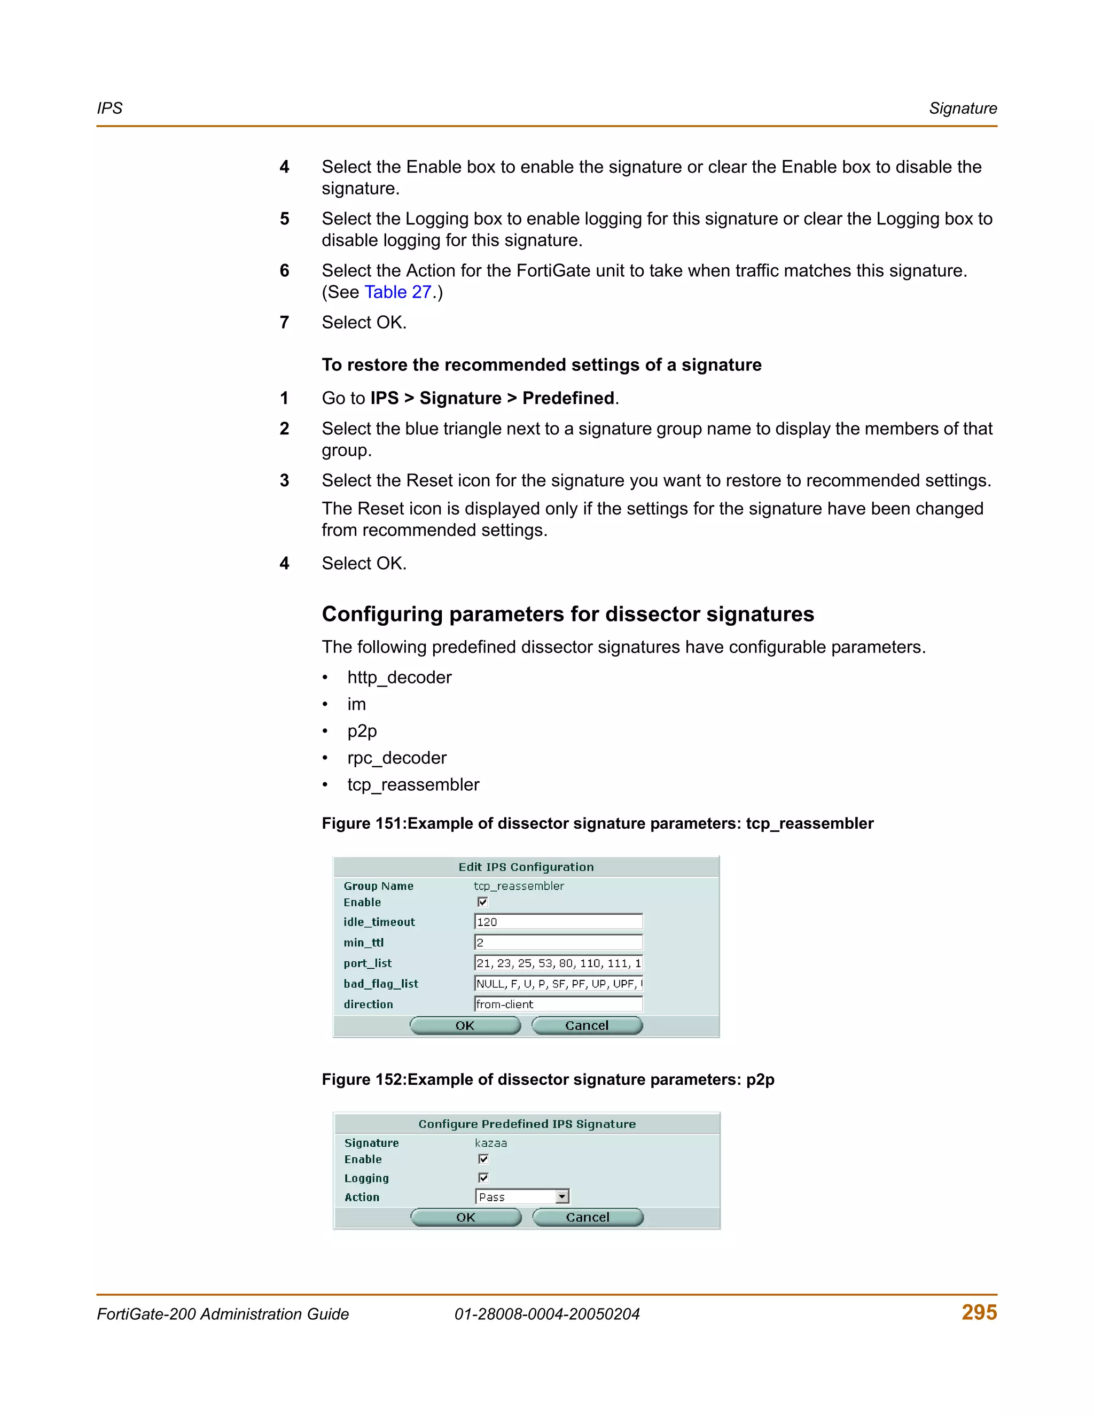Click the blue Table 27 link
(397, 292)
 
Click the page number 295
(979, 1312)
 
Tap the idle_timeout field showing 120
(558, 922)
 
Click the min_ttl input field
(558, 943)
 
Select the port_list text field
(558, 963)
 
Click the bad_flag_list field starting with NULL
(558, 984)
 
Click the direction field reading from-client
(558, 1005)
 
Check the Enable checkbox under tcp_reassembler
(482, 902)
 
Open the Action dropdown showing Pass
(562, 1197)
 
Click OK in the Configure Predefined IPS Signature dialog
(465, 1218)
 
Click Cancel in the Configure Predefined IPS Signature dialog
(587, 1218)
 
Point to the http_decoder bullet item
(399, 678)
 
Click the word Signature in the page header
(963, 109)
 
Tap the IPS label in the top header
(110, 109)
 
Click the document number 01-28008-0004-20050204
(546, 1314)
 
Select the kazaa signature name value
(490, 1143)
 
